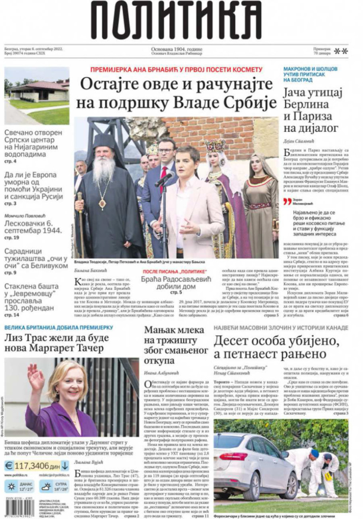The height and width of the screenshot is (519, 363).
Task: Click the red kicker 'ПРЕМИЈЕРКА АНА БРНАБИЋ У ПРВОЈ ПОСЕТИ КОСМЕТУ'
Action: click(176, 69)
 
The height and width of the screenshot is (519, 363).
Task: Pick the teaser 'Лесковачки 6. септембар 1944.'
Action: click(33, 227)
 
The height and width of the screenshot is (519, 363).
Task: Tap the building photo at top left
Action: click(36, 96)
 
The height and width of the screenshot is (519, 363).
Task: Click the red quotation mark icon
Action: click(287, 202)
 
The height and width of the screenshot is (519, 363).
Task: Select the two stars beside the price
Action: click(341, 51)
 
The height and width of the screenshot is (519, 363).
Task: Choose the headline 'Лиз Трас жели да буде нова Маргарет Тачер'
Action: click(57, 343)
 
